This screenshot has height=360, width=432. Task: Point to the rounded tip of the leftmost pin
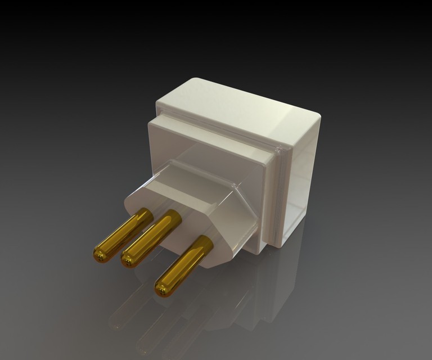pyautogui.click(x=100, y=256)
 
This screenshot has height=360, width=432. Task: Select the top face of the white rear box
pyautogui.click(x=236, y=107)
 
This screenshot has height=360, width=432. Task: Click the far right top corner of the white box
pyautogui.click(x=317, y=115)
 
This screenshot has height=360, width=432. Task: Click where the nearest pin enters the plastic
pyautogui.click(x=205, y=243)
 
